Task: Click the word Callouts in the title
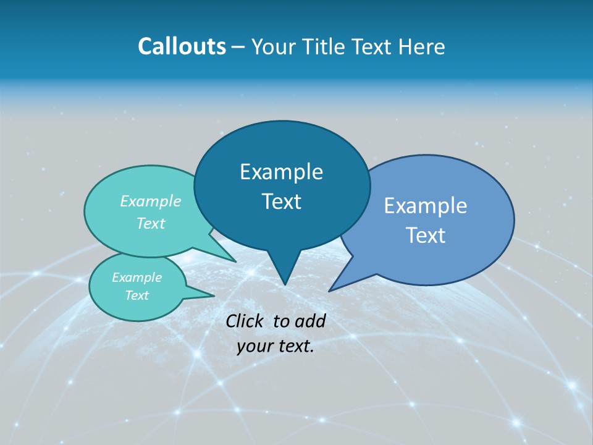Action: click(182, 47)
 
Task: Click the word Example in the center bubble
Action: click(282, 172)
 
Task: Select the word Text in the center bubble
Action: click(282, 201)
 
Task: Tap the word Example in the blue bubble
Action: click(426, 206)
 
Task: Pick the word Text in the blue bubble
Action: click(426, 235)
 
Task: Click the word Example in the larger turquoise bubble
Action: click(151, 201)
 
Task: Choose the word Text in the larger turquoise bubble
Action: click(151, 223)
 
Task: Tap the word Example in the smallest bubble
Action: click(137, 278)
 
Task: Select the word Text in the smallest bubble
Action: click(137, 295)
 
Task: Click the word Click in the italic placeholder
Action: click(245, 321)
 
